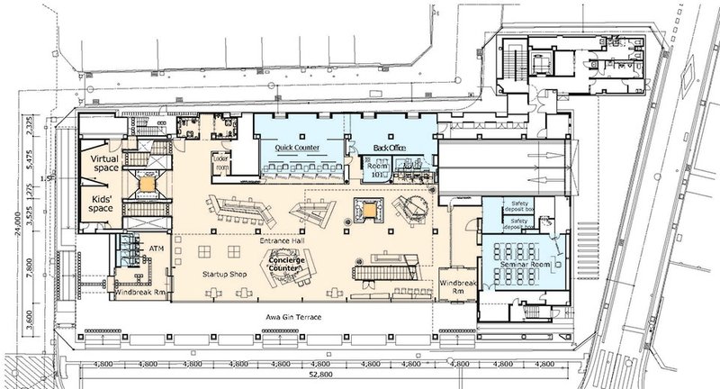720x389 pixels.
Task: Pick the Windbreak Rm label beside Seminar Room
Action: tap(456, 288)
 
